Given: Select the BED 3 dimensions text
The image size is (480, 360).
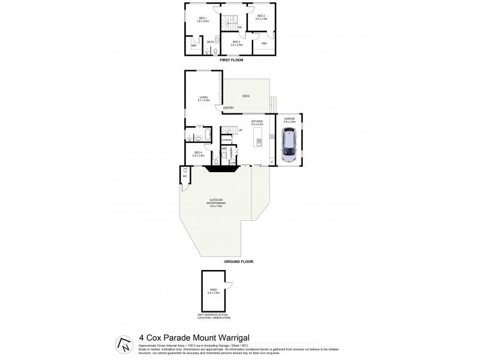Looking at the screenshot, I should click(x=236, y=44).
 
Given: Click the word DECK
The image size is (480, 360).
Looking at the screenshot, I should click(x=246, y=96).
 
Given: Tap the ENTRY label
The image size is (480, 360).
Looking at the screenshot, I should click(x=229, y=108).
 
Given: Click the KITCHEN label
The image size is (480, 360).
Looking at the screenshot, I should click(x=257, y=122).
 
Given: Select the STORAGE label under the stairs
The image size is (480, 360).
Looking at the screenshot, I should click(x=226, y=139).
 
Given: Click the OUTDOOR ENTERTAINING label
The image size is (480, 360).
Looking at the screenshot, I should click(x=216, y=203).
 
